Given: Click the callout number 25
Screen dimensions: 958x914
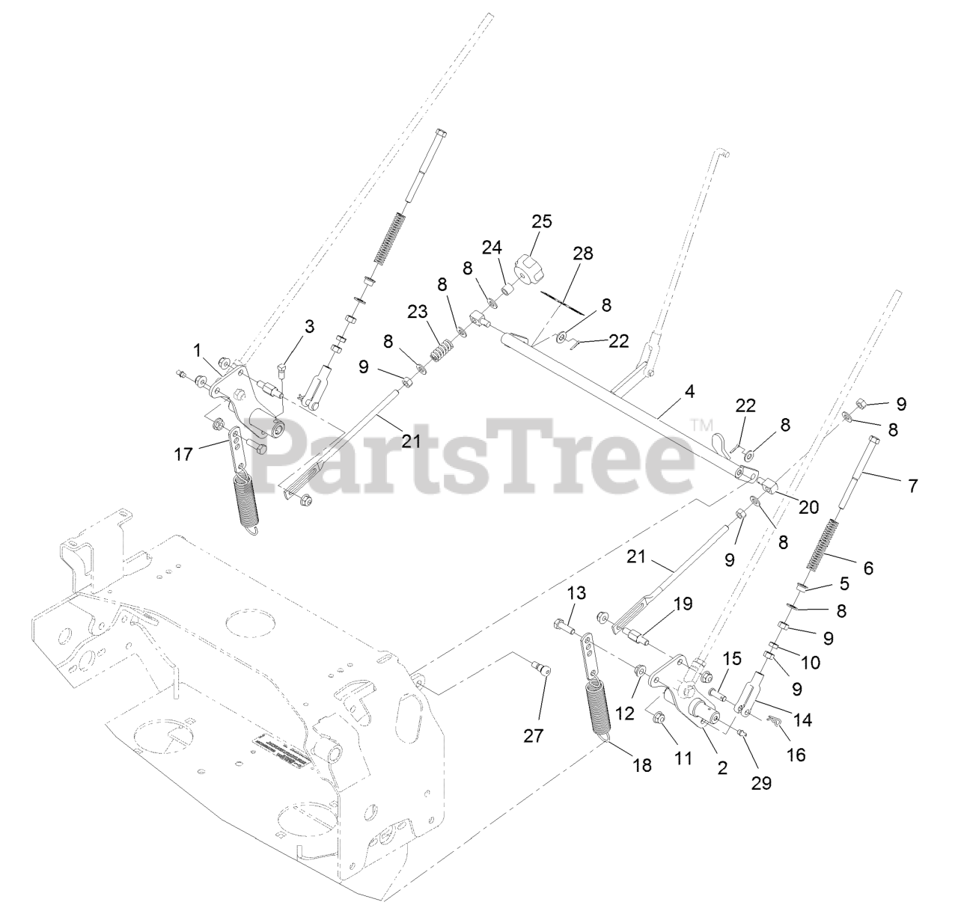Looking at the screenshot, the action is coord(541,221).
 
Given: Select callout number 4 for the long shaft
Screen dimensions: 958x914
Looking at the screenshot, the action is coord(689,390).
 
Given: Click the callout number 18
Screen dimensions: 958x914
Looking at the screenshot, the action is coord(642,765).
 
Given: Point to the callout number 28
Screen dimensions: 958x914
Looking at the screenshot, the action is coord(583,254).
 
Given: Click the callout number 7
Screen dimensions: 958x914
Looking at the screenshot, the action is coord(912,485).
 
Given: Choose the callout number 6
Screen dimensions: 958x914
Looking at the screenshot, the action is coord(868,568).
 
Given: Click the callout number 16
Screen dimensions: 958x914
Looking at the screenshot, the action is coord(796,755).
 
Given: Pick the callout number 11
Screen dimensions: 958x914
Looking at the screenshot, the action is coord(682,758).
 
